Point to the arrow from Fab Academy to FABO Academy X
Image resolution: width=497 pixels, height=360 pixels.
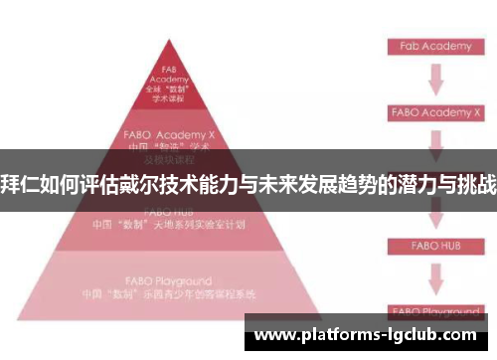[x=435, y=80]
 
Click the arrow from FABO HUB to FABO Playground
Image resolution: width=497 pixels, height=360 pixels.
[x=435, y=275]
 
